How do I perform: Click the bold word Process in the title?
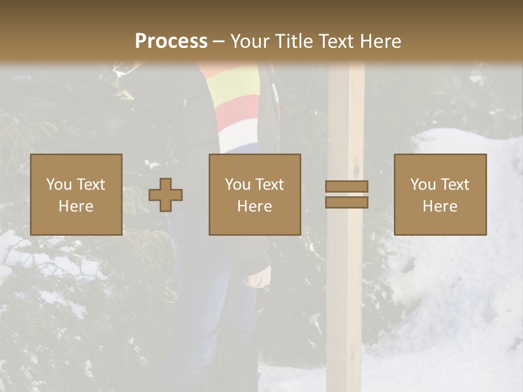click(x=171, y=41)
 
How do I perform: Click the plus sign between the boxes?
click(x=166, y=195)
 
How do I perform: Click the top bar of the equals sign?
click(x=346, y=186)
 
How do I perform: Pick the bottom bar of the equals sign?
click(x=346, y=202)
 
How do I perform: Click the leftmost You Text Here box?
click(x=76, y=194)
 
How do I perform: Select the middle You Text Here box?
click(x=254, y=194)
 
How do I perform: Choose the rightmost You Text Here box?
click(x=440, y=194)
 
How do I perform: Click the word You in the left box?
click(x=59, y=185)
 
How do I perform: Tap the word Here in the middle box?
click(x=254, y=206)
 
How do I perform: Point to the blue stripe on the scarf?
click(x=240, y=148)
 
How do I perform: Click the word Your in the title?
click(x=248, y=41)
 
